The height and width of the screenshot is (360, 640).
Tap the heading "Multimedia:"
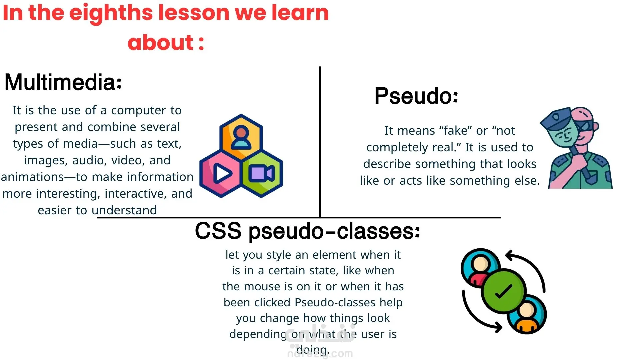(63, 82)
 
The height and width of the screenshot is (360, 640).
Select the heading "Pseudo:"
(416, 96)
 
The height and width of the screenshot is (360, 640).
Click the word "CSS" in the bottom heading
(218, 231)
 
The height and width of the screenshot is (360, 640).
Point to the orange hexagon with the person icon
(241, 137)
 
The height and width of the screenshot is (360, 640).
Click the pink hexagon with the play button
(220, 174)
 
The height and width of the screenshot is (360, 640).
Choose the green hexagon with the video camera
(262, 174)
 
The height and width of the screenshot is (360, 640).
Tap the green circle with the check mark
(503, 291)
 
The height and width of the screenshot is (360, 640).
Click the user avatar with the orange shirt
(527, 314)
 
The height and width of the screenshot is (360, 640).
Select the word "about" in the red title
(160, 43)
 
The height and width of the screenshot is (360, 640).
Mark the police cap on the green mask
(556, 117)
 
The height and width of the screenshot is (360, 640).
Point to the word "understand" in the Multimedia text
(124, 210)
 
